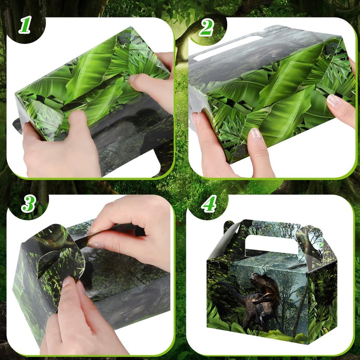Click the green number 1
(x=25, y=25)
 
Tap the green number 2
(x=207, y=27)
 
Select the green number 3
(x=28, y=204)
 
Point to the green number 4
(x=209, y=203)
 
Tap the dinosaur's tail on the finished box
(x=229, y=291)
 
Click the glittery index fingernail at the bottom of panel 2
(x=256, y=133)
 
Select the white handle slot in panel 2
(x=227, y=47)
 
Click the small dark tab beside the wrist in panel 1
(x=18, y=126)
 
